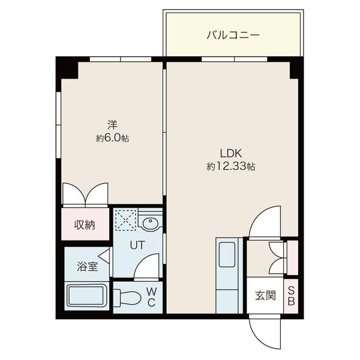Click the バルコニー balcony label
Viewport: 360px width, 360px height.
click(x=233, y=35)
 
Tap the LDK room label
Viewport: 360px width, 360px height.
click(x=231, y=154)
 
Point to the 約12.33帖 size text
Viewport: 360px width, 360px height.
click(x=231, y=166)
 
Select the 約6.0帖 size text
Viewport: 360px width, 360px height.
click(x=112, y=138)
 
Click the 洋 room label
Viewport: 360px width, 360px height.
click(x=112, y=125)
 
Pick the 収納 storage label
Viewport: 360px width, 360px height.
click(x=85, y=225)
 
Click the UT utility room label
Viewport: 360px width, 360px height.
click(x=137, y=245)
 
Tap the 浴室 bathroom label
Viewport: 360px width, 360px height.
click(x=87, y=266)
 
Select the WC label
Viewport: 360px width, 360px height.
click(x=152, y=298)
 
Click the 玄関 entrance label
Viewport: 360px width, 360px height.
click(x=265, y=295)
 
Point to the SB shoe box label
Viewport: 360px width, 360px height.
click(x=291, y=296)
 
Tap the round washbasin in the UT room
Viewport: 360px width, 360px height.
click(x=151, y=222)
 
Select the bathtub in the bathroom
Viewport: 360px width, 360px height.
click(x=87, y=295)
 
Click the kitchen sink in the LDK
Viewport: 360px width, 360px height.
click(x=227, y=254)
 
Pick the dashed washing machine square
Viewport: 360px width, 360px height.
click(x=126, y=220)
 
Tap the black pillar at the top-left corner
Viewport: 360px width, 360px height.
click(x=67, y=68)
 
